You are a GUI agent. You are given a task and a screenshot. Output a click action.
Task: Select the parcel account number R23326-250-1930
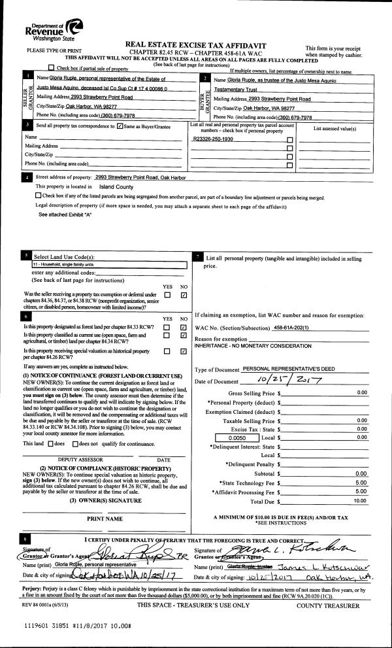click(214, 139)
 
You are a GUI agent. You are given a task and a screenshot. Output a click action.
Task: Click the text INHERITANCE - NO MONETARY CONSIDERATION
click(245, 345)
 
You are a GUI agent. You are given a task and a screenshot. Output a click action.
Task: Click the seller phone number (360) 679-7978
click(115, 115)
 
